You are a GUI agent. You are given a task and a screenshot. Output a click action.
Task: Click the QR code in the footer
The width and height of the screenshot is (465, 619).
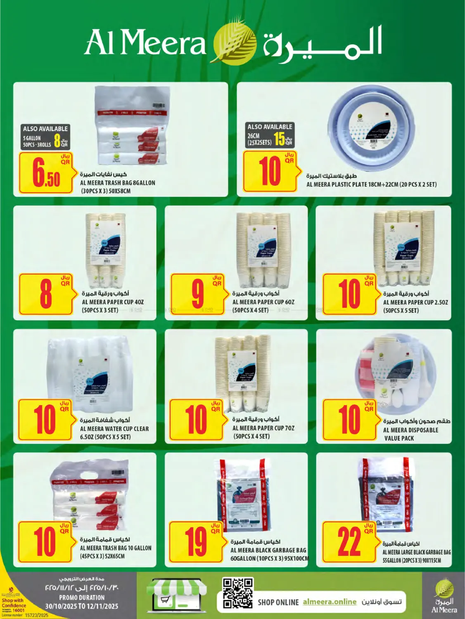tap(237, 593)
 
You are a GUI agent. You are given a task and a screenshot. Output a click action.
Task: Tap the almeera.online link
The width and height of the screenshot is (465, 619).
tap(329, 602)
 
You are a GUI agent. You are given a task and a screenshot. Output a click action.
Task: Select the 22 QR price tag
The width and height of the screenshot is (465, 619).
tap(349, 542)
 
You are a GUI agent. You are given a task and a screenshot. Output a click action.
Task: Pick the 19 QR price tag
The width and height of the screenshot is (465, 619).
tap(196, 542)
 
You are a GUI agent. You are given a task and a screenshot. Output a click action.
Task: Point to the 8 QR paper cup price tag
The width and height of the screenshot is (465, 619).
tap(45, 294)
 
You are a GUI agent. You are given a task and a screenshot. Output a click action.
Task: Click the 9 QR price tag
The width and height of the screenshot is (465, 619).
tap(197, 294)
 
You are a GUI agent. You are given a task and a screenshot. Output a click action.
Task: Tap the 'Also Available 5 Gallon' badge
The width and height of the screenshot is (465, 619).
tap(45, 137)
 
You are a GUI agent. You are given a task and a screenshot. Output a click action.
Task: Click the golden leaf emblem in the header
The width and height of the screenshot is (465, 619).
tap(234, 42)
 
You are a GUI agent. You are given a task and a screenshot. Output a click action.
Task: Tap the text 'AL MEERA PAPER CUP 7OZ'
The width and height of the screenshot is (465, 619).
tap(263, 428)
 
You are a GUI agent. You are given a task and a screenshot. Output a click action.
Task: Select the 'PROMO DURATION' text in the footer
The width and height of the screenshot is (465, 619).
tap(82, 598)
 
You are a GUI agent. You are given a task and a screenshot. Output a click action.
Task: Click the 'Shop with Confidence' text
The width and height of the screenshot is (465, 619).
tap(14, 603)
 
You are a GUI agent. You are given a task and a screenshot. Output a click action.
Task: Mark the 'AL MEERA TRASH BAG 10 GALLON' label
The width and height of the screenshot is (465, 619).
tap(116, 548)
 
